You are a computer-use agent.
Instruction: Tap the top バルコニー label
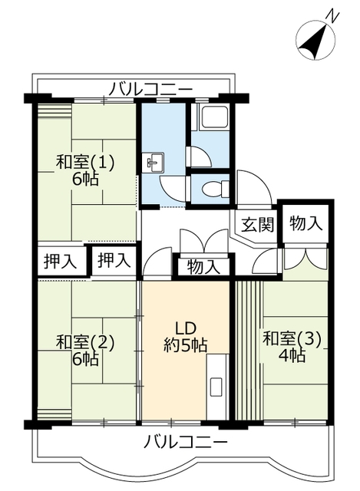click(150, 89)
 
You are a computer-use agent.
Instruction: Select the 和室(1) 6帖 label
click(84, 170)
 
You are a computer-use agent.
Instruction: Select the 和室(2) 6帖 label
click(84, 350)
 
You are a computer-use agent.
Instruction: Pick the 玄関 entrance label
click(256, 225)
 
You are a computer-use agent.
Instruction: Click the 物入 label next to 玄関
click(306, 223)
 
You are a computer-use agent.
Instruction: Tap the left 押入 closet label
click(59, 261)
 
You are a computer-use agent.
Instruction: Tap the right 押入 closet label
click(114, 260)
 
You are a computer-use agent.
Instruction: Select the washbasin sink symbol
click(154, 162)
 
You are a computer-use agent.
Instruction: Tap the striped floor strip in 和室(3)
click(248, 349)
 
